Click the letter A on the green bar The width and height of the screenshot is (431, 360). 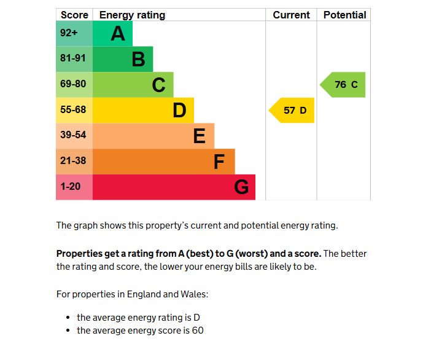(x=117, y=34)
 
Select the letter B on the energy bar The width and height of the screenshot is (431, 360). (x=138, y=60)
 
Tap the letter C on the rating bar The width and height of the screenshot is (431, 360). (x=158, y=85)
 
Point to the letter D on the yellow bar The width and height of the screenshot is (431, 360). (x=179, y=111)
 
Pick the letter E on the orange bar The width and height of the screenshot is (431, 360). (x=199, y=136)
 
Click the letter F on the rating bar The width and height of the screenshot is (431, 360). (x=219, y=162)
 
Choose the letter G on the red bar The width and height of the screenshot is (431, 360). (x=241, y=187)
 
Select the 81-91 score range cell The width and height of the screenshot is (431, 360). (x=74, y=59)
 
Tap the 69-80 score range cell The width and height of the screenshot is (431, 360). (x=74, y=84)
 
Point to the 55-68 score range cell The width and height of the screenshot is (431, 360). (x=74, y=110)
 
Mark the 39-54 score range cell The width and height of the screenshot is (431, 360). (x=74, y=135)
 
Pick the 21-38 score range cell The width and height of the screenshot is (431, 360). (x=74, y=161)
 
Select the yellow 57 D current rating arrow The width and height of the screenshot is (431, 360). (x=293, y=111)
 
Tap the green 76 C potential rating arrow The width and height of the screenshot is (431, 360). (x=344, y=85)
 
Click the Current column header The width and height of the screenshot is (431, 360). (x=291, y=15)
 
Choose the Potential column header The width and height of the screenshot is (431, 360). (x=344, y=15)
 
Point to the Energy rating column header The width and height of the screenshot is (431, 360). (x=132, y=15)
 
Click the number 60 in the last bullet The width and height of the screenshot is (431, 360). (x=197, y=331)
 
